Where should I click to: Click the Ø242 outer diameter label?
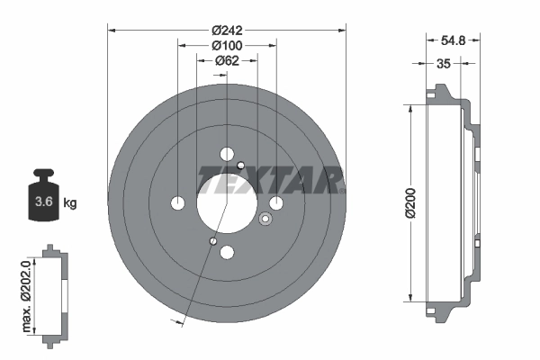click(x=226, y=29)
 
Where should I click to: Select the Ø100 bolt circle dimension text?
click(x=226, y=45)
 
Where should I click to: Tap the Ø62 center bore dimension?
click(x=226, y=61)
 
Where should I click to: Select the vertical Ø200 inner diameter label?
click(x=409, y=202)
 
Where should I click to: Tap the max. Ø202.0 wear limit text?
click(x=26, y=292)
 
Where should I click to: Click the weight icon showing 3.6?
click(x=41, y=200)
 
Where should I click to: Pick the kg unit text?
click(x=70, y=203)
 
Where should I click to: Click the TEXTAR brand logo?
click(x=270, y=179)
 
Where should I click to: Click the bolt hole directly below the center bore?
click(x=227, y=253)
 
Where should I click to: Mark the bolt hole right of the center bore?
click(x=276, y=202)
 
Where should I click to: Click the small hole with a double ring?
click(x=265, y=219)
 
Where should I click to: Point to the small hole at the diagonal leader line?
click(x=211, y=240)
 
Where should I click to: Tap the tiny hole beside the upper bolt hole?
click(x=241, y=164)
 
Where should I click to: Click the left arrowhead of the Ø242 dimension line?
click(x=112, y=29)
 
